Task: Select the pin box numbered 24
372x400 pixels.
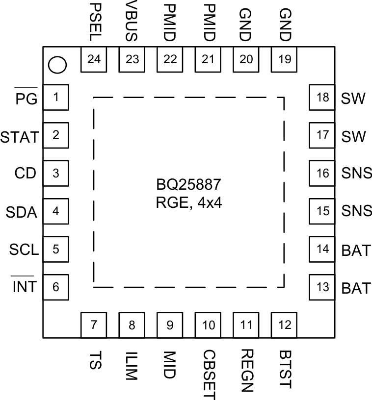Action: pos(94,59)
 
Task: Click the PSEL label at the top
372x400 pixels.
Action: pos(94,22)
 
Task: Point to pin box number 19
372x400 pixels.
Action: pos(284,59)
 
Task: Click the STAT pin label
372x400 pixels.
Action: pos(20,137)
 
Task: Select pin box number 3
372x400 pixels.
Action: pos(55,173)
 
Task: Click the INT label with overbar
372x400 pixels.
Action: pos(24,287)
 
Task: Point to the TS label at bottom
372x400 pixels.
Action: pos(94,363)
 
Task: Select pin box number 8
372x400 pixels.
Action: pos(132,324)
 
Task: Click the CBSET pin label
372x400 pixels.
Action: pos(209,374)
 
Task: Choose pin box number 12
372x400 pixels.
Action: pos(284,324)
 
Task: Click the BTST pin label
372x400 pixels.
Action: pos(284,369)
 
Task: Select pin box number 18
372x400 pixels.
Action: pos(322,97)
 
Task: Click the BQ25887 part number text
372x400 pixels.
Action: pos(189,185)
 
